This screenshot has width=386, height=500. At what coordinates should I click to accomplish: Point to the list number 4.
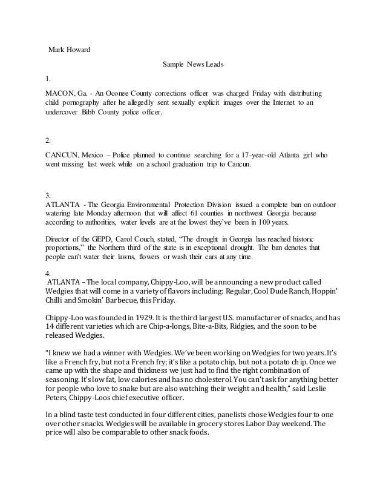pyautogui.click(x=48, y=274)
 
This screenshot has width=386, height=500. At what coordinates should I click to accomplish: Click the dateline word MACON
pyautogui.click(x=60, y=93)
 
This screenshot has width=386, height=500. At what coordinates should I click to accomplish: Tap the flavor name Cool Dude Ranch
pyautogui.click(x=287, y=292)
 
